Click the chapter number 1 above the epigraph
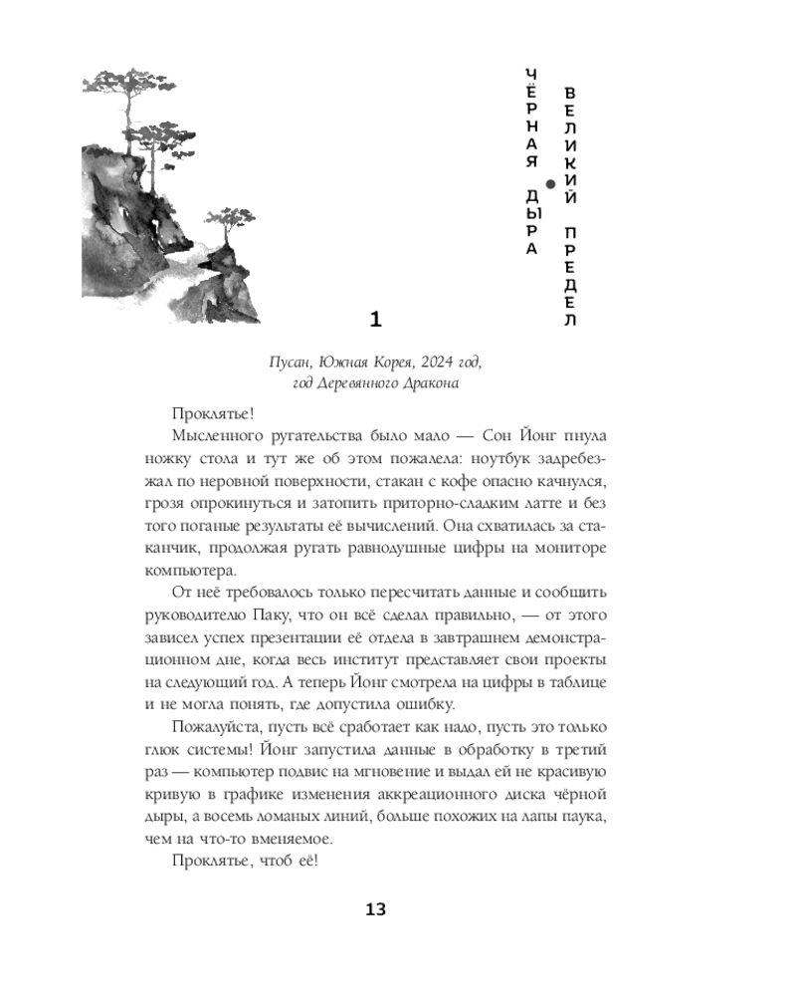(x=375, y=319)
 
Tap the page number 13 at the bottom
(x=375, y=909)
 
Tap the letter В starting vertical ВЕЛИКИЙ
(x=570, y=94)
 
